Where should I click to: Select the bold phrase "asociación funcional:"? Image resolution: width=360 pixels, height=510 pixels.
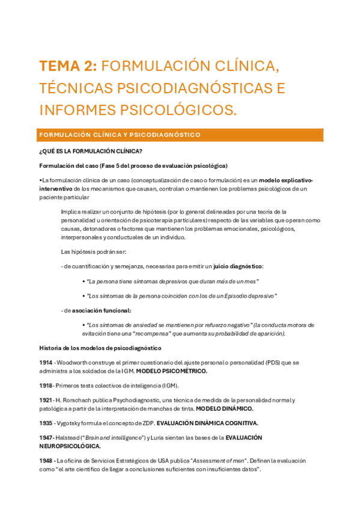click(102, 310)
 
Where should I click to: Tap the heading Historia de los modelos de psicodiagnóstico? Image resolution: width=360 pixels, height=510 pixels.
click(100, 348)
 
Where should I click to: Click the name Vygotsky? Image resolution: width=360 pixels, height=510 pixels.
click(73, 423)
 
